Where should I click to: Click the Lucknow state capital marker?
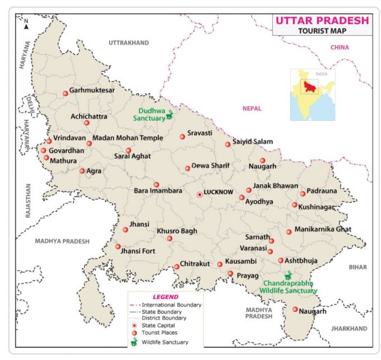coord(200,195)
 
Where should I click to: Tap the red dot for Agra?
coord(82,171)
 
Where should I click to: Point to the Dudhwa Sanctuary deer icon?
coord(171,116)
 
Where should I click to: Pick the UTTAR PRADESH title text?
coord(321,21)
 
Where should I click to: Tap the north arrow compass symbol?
coord(26,23)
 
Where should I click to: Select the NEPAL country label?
coord(252,108)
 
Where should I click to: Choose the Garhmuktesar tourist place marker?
coord(65,93)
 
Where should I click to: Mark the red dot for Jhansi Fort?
coord(118,247)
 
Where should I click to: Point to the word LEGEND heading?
coord(166,296)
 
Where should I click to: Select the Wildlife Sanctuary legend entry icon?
coord(134,342)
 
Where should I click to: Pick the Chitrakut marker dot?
coord(177,267)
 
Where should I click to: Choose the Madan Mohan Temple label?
coord(128,138)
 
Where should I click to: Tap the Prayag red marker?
coord(231,273)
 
